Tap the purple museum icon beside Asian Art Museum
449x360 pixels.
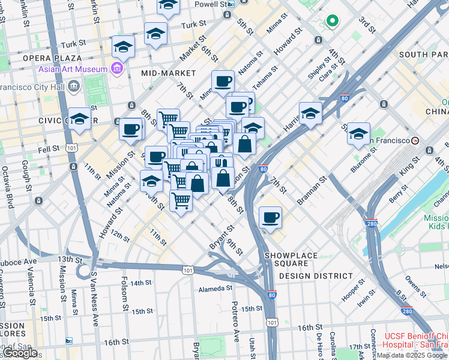pyautogui.click(x=116, y=68)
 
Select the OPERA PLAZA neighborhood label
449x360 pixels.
pyautogui.click(x=52, y=58)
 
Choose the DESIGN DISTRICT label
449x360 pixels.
pyautogui.click(x=316, y=276)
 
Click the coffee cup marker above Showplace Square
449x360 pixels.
pyautogui.click(x=270, y=217)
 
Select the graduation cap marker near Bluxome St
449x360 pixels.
pyautogui.click(x=358, y=133)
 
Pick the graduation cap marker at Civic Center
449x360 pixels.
pyautogui.click(x=79, y=119)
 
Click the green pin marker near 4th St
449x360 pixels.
pyautogui.click(x=332, y=22)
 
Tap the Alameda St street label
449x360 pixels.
pyautogui.click(x=215, y=289)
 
